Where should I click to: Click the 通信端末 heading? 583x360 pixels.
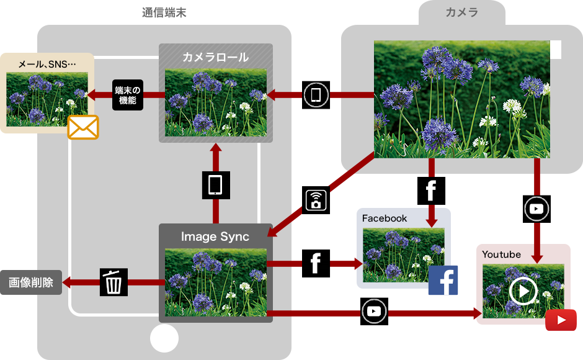(x=164, y=12)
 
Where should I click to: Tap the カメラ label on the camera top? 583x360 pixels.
(x=462, y=12)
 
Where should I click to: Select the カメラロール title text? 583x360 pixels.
(x=216, y=57)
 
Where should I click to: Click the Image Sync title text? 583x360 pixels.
(x=215, y=236)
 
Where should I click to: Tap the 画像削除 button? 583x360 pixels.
(x=31, y=282)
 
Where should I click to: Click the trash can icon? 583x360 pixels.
(x=113, y=282)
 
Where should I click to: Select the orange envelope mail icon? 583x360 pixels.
(x=83, y=127)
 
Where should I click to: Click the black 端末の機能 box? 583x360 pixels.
(x=128, y=95)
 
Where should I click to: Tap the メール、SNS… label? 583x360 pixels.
(x=47, y=64)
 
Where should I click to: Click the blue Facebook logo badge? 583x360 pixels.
(x=443, y=281)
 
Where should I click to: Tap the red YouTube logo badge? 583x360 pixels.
(x=561, y=320)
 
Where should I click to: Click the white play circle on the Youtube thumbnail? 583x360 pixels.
(x=523, y=290)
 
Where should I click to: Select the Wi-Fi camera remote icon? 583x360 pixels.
(x=316, y=200)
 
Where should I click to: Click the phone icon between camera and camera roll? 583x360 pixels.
(x=316, y=95)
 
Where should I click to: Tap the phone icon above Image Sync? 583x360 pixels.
(x=216, y=185)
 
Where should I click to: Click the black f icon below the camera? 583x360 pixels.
(x=431, y=191)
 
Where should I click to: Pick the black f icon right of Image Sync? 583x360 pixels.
(x=316, y=264)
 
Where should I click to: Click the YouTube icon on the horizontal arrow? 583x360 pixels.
(x=374, y=311)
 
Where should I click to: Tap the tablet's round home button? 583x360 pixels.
(x=164, y=338)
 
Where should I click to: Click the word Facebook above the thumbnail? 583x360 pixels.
(x=385, y=218)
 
